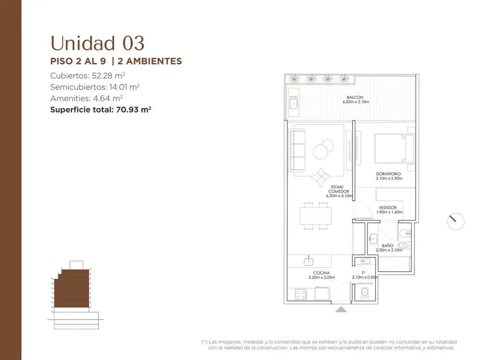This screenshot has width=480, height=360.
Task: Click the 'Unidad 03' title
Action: click(x=97, y=43)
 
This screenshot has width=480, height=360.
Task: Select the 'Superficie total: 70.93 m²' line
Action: click(x=101, y=110)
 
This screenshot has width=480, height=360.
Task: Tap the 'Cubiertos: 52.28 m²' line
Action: click(x=88, y=75)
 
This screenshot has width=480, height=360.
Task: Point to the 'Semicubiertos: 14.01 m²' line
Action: click(x=95, y=87)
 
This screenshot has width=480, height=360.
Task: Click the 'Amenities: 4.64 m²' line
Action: click(x=87, y=98)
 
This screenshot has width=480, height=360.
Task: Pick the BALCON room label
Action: click(x=355, y=97)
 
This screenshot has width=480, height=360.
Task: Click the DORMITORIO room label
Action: click(x=389, y=174)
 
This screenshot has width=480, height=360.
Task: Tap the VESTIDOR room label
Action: click(x=388, y=208)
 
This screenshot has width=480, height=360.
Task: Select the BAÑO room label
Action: click(x=388, y=246)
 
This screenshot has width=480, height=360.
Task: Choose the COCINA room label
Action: click(x=322, y=273)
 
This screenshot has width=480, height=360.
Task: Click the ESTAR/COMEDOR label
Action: click(x=338, y=189)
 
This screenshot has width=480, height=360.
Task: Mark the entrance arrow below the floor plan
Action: click(x=341, y=309)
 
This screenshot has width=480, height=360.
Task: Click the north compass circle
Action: click(x=456, y=221)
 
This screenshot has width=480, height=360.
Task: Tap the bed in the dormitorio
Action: click(x=394, y=149)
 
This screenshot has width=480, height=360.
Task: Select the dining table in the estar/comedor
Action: click(x=315, y=216)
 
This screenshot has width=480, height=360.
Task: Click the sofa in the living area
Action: click(x=298, y=150)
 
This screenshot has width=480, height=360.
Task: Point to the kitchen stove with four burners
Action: click(x=300, y=294)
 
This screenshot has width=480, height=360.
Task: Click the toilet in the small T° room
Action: click(x=365, y=293)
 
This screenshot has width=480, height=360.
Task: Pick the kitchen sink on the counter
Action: click(x=308, y=261)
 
